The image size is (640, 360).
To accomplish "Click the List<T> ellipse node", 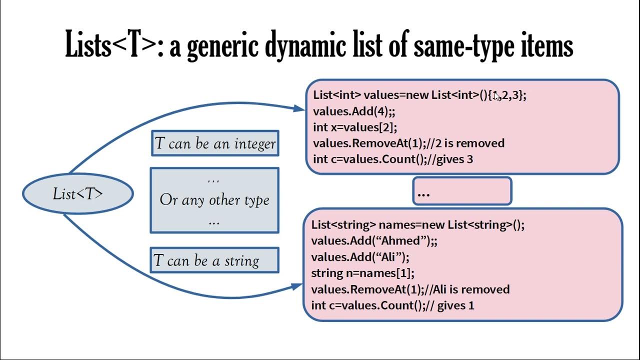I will click(x=78, y=193).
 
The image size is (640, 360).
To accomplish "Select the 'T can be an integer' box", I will click(x=215, y=144).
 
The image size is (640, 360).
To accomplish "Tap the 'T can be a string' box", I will click(x=214, y=260).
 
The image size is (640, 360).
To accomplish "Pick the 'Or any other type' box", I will click(x=214, y=200).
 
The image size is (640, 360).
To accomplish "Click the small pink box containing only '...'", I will click(x=462, y=191).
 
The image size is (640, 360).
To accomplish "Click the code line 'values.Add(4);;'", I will click(x=354, y=111).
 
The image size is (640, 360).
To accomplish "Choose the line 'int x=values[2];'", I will click(x=355, y=127).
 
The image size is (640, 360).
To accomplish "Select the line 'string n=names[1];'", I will click(x=363, y=273).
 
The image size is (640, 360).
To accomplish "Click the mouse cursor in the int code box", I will click(x=496, y=96).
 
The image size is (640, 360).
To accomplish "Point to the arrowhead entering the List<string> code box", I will click(x=297, y=287).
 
